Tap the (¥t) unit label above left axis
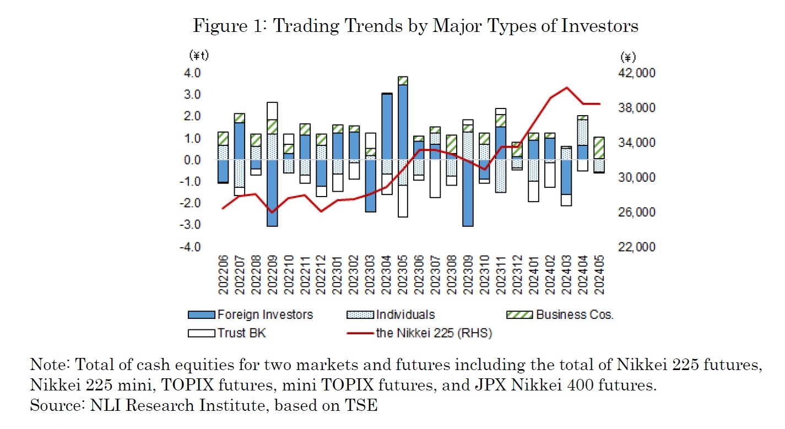198,55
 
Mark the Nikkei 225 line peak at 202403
567,88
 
